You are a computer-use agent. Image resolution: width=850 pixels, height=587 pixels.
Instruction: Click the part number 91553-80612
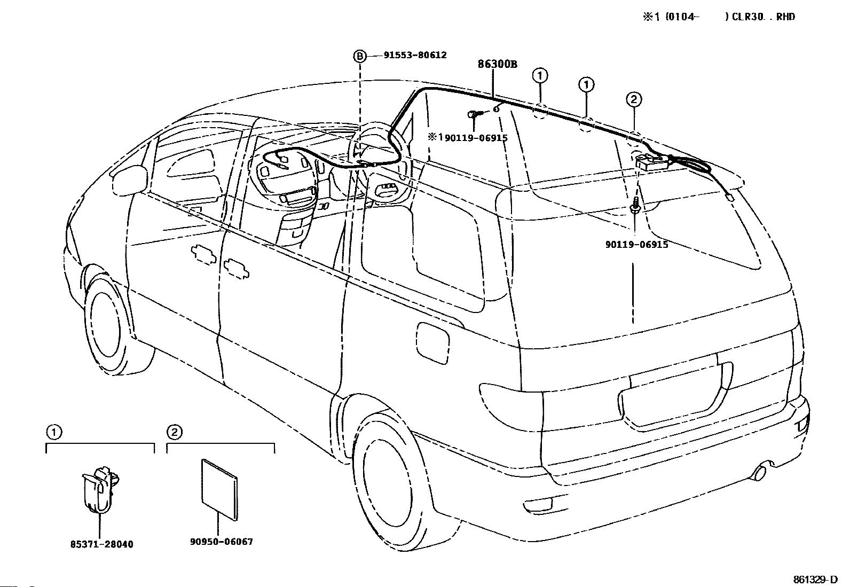pyautogui.click(x=415, y=56)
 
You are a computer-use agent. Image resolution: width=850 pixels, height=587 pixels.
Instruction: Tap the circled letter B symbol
pyautogui.click(x=359, y=57)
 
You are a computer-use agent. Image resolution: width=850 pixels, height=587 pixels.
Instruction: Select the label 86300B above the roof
pyautogui.click(x=497, y=64)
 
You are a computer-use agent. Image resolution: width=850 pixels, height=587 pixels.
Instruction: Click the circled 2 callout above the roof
pyautogui.click(x=633, y=100)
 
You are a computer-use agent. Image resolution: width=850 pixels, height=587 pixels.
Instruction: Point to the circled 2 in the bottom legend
pyautogui.click(x=174, y=432)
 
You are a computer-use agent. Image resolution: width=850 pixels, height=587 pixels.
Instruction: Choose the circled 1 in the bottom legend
pyautogui.click(x=53, y=432)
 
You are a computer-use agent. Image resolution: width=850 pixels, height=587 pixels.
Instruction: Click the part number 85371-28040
pyautogui.click(x=101, y=544)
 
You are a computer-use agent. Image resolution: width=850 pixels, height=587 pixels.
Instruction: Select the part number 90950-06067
pyautogui.click(x=221, y=542)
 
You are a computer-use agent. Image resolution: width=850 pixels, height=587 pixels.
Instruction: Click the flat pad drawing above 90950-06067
pyautogui.click(x=219, y=490)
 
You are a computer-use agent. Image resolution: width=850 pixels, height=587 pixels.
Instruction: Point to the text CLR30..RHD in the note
pyautogui.click(x=763, y=17)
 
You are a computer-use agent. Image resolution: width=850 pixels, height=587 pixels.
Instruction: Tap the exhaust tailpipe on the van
pyautogui.click(x=761, y=473)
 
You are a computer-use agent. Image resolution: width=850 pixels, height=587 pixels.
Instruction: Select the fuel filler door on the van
pyautogui.click(x=432, y=343)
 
